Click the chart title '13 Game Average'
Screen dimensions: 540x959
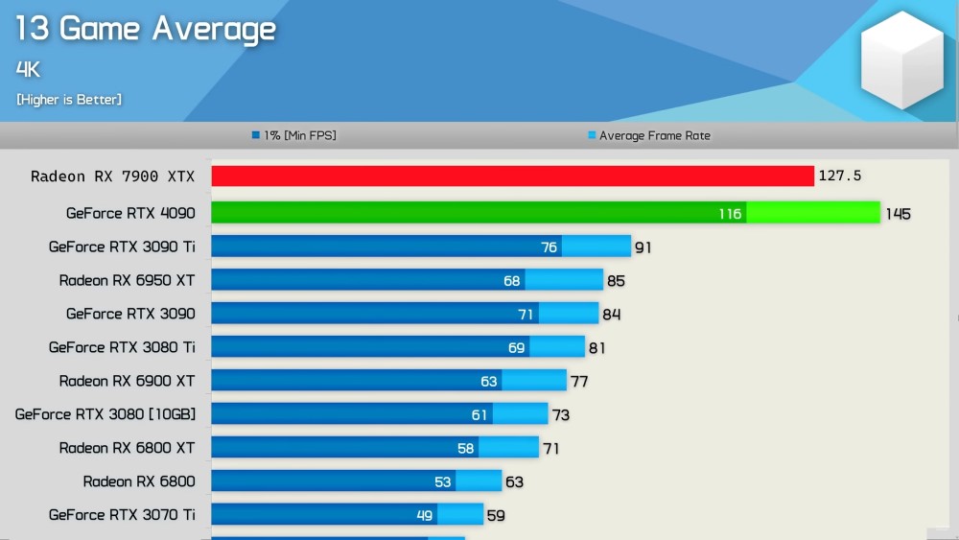coord(146,29)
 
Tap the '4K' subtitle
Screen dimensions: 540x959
coord(28,69)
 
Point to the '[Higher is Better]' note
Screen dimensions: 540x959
coord(69,100)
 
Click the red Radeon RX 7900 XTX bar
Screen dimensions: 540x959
coord(512,176)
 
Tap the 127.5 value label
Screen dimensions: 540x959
coord(840,176)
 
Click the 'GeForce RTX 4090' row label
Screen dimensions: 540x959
coord(130,213)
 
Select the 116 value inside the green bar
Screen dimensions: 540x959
coord(730,214)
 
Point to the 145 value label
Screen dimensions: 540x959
coord(898,214)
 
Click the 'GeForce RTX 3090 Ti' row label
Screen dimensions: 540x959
coord(122,247)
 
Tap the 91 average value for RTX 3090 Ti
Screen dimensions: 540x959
coord(643,247)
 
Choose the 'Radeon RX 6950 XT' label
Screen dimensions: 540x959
coord(127,280)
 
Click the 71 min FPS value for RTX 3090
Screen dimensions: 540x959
coord(526,315)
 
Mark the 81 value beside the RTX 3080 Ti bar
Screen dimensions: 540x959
coord(596,348)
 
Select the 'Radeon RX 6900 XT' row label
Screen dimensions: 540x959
coord(127,381)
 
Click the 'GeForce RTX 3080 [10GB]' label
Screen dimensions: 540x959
coord(105,414)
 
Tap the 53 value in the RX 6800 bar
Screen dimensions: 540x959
coord(442,481)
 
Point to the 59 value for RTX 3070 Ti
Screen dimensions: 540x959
coord(496,515)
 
